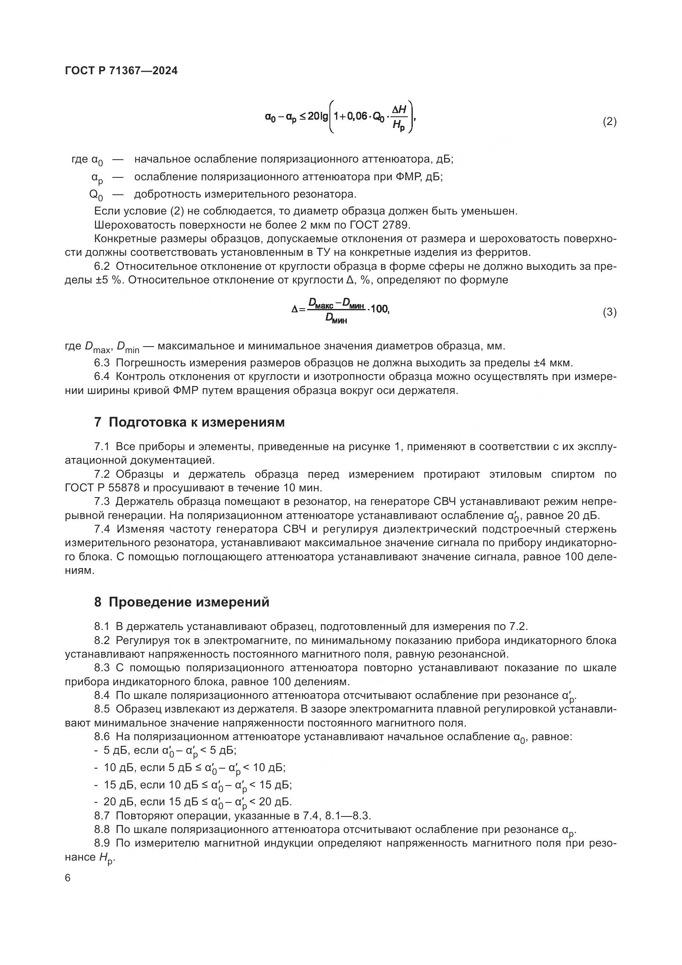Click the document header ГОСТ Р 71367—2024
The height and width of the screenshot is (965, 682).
[x=121, y=71]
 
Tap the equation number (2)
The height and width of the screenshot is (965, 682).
[x=609, y=122]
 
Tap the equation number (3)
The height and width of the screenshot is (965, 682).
[x=609, y=312]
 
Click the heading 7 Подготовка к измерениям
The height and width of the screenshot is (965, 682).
[x=189, y=422]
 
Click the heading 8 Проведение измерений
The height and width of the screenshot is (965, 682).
[x=181, y=602]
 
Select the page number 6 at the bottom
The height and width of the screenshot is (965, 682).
[x=68, y=878]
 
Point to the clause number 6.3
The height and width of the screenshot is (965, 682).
[x=101, y=363]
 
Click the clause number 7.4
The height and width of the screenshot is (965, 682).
[x=101, y=529]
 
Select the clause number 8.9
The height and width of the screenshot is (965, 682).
[x=101, y=843]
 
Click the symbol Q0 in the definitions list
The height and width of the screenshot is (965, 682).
[x=96, y=195]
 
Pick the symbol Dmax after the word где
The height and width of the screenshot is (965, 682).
[x=97, y=347]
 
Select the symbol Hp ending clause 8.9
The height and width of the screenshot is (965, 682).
[x=106, y=858]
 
